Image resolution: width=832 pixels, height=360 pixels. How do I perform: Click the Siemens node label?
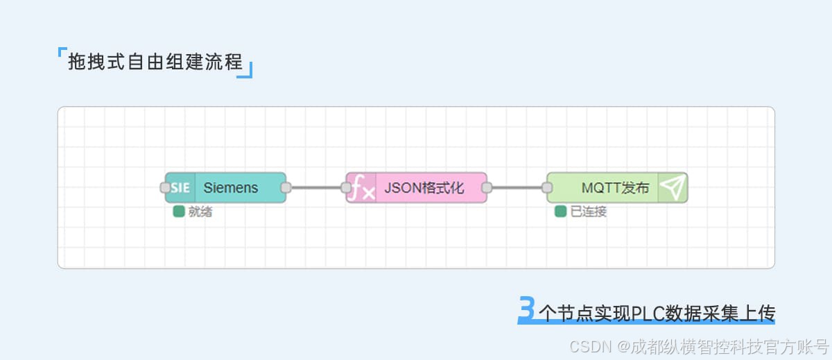231,188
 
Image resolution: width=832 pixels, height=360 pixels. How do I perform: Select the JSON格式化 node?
424,188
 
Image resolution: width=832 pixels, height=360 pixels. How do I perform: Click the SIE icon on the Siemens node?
180,188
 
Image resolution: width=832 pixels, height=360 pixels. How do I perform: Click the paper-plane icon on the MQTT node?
673,187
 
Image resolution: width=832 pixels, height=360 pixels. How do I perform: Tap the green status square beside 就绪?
179,212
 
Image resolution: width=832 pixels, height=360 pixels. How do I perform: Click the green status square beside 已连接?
561,212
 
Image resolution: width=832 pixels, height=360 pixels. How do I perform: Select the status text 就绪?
200,212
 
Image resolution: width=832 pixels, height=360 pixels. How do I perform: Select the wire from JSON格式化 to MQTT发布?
517,187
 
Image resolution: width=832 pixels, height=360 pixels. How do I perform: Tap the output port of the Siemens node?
286,187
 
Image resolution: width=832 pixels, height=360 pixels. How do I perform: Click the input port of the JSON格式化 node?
346,187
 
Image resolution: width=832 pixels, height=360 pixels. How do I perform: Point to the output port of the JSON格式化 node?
487,187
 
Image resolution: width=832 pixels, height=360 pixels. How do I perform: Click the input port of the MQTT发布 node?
547,187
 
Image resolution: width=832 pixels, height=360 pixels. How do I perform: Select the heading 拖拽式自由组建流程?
155,62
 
